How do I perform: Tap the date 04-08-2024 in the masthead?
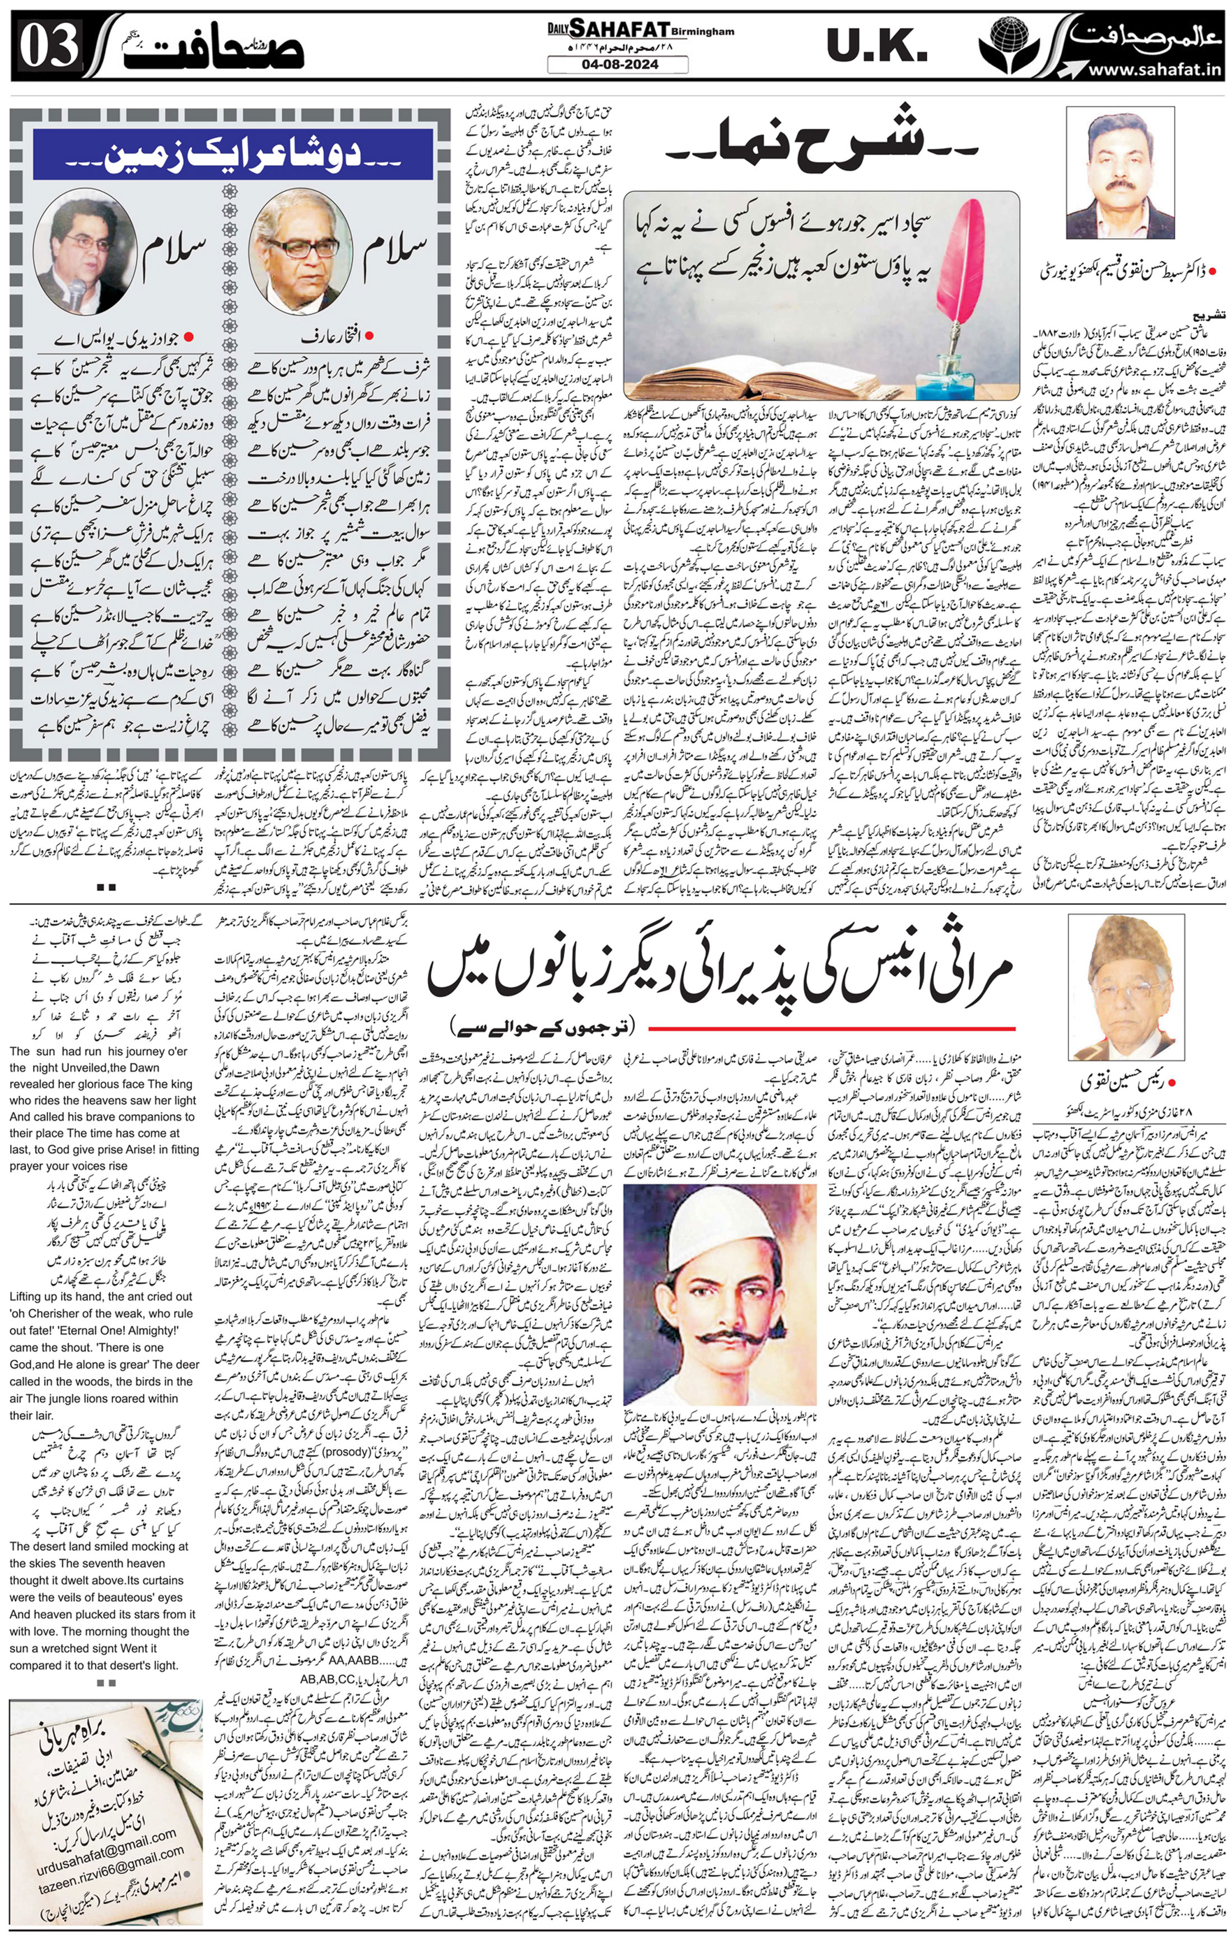click(617, 64)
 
